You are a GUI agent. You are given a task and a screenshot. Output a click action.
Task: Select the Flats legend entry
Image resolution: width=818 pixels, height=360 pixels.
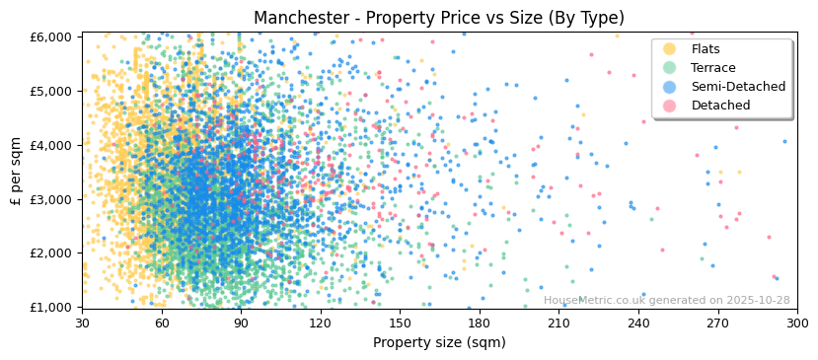tap(706, 49)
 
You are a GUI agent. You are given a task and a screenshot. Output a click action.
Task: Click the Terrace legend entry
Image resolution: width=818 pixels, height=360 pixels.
tap(712, 68)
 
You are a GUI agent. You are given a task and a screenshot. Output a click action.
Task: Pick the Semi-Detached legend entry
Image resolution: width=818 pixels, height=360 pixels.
tap(738, 87)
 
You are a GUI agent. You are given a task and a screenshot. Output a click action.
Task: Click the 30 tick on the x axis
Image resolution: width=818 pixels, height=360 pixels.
tap(82, 323)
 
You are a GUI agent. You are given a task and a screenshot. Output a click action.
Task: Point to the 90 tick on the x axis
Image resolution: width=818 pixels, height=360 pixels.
tap(241, 323)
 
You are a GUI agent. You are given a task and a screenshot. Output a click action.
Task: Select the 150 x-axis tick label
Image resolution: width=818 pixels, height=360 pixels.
tap(400, 323)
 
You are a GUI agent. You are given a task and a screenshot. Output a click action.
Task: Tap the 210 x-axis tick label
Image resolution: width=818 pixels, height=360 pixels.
tap(558, 323)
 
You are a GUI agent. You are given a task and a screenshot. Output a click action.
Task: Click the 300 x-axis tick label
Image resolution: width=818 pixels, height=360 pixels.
tap(797, 323)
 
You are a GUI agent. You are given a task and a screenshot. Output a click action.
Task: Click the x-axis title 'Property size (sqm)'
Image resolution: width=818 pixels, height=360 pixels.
tap(439, 342)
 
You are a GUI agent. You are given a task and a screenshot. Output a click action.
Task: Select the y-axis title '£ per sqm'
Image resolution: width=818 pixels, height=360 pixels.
tap(17, 171)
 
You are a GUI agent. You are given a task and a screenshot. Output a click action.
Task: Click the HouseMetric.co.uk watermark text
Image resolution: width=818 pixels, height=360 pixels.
tap(666, 301)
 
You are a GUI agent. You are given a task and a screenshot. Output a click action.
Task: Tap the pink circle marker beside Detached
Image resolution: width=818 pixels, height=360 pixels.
tap(670, 106)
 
